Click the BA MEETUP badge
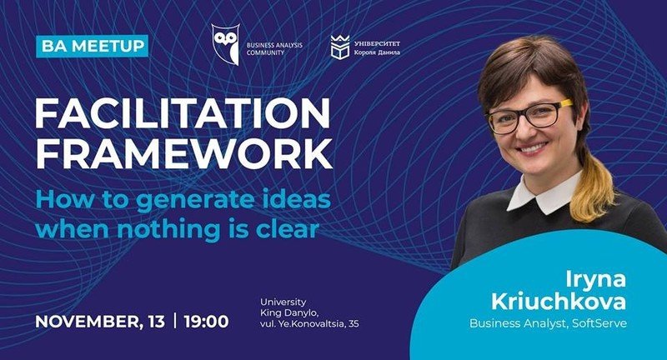click(93, 46)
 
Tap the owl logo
click(225, 44)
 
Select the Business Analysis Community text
click(274, 48)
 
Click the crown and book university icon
click(340, 47)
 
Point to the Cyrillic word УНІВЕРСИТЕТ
click(377, 43)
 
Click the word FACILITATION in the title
click(183, 113)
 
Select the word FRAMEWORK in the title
click(183, 154)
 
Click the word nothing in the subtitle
click(168, 228)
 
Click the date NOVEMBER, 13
click(100, 322)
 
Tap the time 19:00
click(206, 322)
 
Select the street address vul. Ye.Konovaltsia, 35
click(309, 323)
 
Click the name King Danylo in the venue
click(288, 313)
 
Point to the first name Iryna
click(595, 281)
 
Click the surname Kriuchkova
click(559, 302)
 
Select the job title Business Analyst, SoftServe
click(548, 323)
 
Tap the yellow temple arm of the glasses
click(565, 103)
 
